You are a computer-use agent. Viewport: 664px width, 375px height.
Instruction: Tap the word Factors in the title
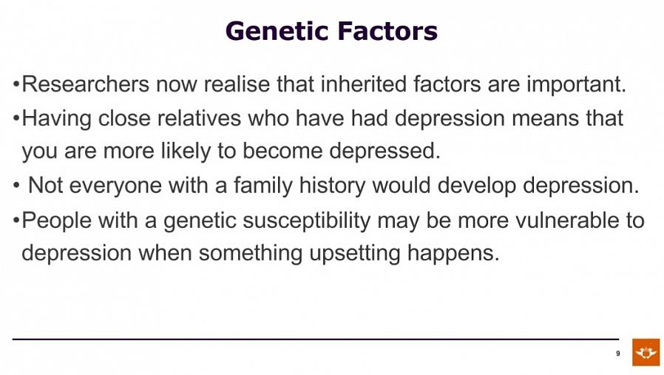click(387, 31)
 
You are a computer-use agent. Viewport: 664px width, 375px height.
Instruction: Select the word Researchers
click(86, 84)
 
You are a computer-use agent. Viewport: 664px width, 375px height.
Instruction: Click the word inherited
click(363, 84)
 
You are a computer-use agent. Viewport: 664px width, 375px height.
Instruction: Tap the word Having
click(56, 118)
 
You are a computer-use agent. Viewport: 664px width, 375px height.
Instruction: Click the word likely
click(186, 152)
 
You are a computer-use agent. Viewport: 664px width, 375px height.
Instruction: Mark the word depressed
click(385, 151)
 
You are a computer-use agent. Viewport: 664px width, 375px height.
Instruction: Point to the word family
click(263, 186)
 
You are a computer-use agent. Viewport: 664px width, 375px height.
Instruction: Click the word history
click(332, 186)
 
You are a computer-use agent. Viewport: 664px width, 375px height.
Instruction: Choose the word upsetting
click(355, 254)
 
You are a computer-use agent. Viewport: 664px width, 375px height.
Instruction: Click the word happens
click(453, 254)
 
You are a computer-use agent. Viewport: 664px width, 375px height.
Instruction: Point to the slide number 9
click(618, 354)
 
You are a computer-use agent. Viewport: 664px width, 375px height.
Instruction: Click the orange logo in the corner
click(646, 352)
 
